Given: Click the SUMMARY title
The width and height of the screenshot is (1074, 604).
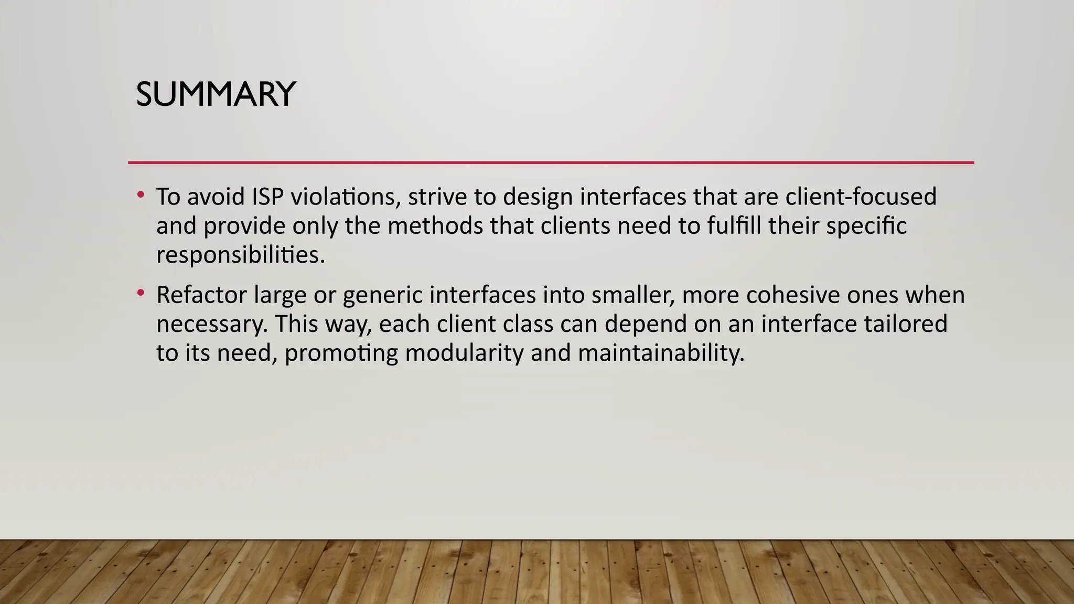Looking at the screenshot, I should [x=216, y=94].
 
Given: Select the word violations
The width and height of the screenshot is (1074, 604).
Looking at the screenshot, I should [x=346, y=197].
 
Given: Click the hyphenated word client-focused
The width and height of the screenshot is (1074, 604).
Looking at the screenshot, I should [x=861, y=197].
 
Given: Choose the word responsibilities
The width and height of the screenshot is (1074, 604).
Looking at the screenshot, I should [x=241, y=255].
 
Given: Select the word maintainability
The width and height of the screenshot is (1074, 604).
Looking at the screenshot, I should [x=661, y=353].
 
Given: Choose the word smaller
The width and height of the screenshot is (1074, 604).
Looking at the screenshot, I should [x=633, y=295].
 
